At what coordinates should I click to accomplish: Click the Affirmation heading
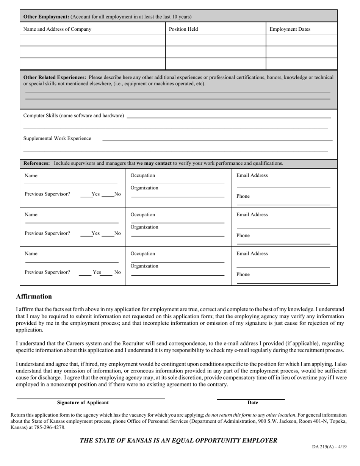click(x=34, y=296)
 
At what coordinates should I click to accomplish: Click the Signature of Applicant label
click(x=83, y=403)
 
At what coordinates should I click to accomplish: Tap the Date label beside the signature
click(x=252, y=403)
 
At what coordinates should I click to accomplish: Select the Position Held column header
click(x=183, y=29)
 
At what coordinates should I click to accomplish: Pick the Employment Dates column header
click(x=290, y=29)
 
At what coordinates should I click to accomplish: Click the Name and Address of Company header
click(x=57, y=29)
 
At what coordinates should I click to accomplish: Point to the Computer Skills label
click(x=74, y=116)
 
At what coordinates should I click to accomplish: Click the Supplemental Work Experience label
click(x=57, y=139)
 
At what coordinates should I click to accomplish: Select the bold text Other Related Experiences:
click(x=55, y=77)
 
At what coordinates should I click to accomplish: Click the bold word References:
click(x=37, y=163)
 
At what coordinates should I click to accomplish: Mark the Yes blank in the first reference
click(x=86, y=194)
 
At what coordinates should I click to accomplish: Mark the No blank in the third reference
click(x=107, y=272)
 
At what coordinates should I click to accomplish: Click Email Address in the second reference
click(x=252, y=215)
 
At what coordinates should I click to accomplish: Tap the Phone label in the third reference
click(x=243, y=275)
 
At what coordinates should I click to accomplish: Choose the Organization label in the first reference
click(x=144, y=188)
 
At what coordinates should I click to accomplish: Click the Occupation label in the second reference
click(x=142, y=215)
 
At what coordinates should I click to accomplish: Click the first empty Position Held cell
click(x=216, y=40)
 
